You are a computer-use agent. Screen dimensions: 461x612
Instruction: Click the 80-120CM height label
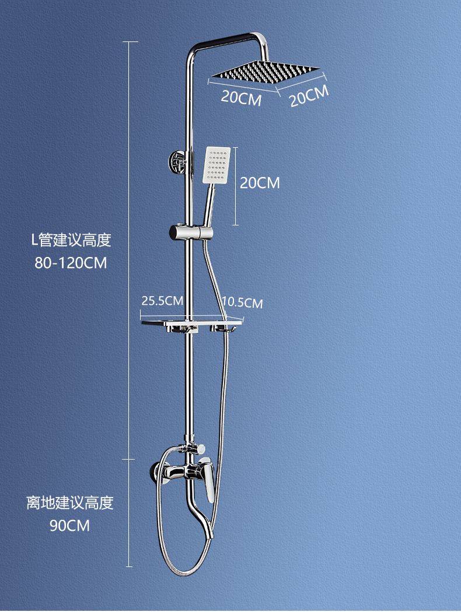click(x=71, y=263)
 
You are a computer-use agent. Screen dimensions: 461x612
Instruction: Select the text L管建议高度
click(x=71, y=239)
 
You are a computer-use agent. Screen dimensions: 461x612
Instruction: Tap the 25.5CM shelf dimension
click(x=162, y=301)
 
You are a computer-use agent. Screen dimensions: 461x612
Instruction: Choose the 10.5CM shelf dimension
click(x=242, y=302)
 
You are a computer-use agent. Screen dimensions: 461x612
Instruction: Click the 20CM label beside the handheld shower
click(x=260, y=183)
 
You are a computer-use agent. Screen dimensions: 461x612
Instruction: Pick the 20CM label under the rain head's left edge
click(x=240, y=98)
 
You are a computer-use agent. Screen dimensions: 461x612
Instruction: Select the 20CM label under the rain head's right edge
click(x=309, y=96)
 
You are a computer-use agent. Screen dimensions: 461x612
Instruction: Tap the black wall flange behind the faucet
click(x=154, y=470)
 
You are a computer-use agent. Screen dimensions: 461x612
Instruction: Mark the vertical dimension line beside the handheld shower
click(x=235, y=186)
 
